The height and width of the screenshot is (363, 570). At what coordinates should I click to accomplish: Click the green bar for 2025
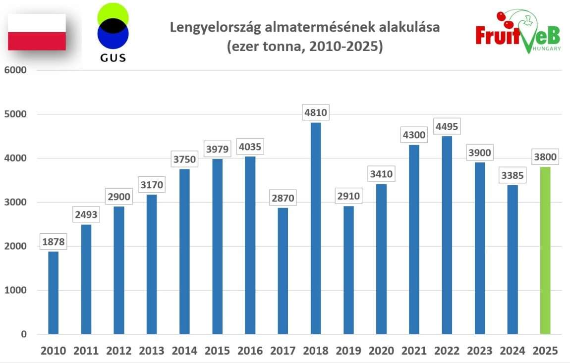point(545,250)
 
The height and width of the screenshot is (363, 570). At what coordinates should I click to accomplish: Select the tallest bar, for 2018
point(316,228)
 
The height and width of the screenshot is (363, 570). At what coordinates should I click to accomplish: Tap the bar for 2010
point(53,292)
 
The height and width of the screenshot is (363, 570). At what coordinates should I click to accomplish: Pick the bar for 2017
point(283,270)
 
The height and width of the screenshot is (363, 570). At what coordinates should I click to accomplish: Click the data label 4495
point(446,126)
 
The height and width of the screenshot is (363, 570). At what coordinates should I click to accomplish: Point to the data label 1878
point(53,243)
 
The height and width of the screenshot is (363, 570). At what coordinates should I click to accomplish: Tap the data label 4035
point(250,147)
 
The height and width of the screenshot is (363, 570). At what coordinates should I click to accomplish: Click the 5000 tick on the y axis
point(16,114)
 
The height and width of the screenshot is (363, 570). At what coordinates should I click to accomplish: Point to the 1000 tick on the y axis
point(16,290)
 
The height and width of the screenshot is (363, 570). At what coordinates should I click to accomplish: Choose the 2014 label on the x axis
point(184,351)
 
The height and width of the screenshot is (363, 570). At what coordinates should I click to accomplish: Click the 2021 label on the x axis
point(414,351)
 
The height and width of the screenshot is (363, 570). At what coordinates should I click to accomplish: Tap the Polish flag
point(37,32)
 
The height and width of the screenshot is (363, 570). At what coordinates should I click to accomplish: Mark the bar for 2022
point(447,235)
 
